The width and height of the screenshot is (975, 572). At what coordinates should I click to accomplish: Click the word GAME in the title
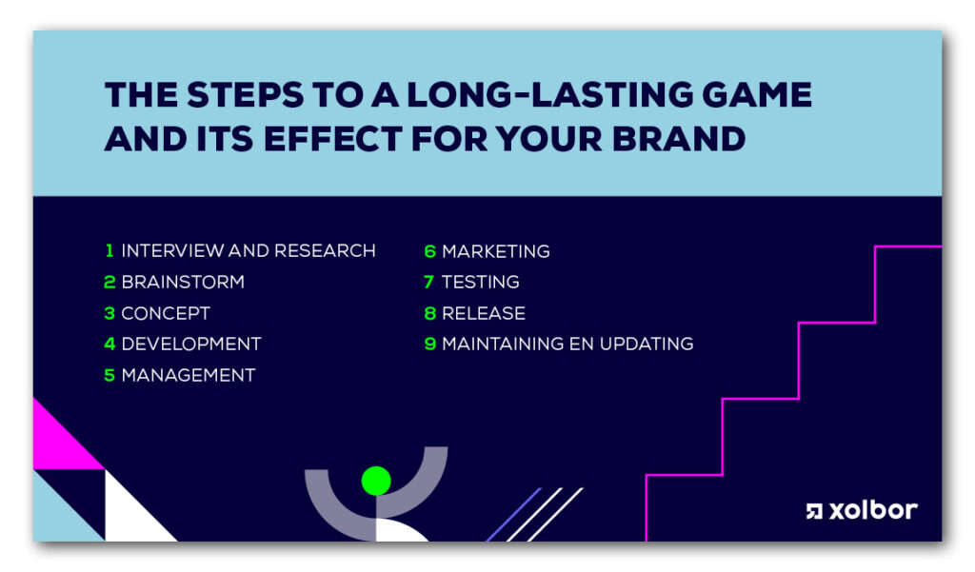[x=757, y=94]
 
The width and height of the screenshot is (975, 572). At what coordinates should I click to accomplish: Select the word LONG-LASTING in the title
[x=549, y=94]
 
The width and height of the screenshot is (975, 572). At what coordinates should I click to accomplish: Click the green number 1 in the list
[x=109, y=250]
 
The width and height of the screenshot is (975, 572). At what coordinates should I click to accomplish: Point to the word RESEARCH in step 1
[x=325, y=250]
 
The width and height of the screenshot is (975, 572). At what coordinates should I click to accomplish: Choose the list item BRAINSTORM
[x=183, y=282]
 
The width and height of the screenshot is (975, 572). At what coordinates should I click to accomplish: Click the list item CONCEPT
[x=166, y=313]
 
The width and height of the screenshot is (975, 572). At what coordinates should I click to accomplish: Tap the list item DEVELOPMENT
[x=190, y=344]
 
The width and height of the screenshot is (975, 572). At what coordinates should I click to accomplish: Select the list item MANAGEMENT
[x=189, y=375]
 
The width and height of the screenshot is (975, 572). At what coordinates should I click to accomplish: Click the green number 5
[x=109, y=375]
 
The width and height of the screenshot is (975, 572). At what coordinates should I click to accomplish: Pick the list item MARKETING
[x=495, y=251]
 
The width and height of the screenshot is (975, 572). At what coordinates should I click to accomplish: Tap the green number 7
[x=429, y=282]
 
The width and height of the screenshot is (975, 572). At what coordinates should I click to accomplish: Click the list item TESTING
[x=480, y=282]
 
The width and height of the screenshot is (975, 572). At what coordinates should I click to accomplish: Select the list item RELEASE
[x=483, y=313]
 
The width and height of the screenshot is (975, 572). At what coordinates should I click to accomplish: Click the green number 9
[x=429, y=344]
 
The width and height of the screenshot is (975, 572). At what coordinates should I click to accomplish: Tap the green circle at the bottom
[x=376, y=481]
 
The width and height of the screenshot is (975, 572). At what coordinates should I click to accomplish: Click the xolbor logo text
[x=873, y=510]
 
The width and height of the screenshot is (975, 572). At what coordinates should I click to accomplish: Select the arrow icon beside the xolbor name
[x=814, y=511]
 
